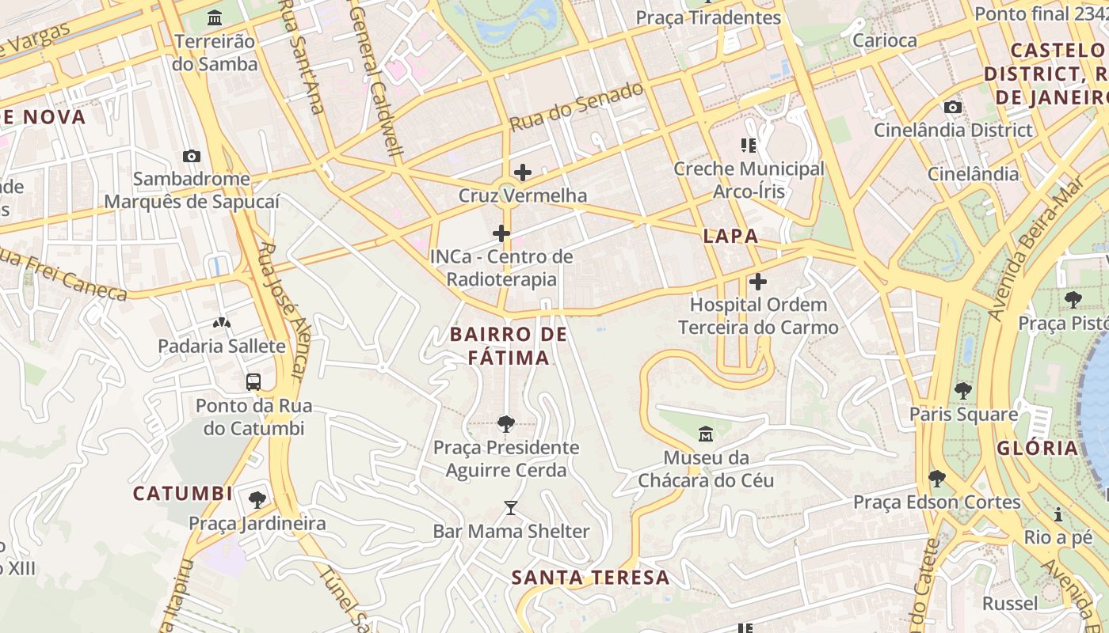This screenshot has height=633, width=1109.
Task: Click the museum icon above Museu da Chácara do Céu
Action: click(706, 434)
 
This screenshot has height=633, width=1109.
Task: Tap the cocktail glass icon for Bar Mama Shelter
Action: click(511, 507)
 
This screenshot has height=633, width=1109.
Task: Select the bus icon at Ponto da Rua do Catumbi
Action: click(253, 382)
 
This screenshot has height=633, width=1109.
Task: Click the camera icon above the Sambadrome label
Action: click(191, 156)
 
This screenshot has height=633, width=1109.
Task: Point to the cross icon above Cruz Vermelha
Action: click(523, 172)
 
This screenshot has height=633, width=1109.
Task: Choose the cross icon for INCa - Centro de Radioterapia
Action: click(501, 233)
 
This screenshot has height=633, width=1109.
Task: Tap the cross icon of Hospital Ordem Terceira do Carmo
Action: click(758, 281)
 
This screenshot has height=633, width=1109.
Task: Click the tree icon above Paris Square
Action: click(963, 390)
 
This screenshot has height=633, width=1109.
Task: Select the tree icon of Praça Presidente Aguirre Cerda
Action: click(506, 424)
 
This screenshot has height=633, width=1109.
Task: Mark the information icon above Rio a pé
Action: click(1058, 514)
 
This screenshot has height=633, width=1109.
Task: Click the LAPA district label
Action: click(730, 236)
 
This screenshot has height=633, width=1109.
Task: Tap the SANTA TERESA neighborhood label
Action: click(591, 578)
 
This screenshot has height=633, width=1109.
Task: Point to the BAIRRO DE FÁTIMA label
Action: click(509, 346)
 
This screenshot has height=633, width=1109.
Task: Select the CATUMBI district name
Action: click(182, 494)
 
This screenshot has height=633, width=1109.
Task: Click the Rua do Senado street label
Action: click(576, 107)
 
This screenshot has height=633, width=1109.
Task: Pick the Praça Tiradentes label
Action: click(708, 17)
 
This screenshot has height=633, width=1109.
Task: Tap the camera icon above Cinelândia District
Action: click(953, 107)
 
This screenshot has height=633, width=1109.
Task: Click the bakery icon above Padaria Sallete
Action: click(221, 323)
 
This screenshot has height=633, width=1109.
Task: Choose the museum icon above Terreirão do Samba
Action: click(215, 17)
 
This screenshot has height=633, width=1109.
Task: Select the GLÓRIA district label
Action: click(1038, 448)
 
